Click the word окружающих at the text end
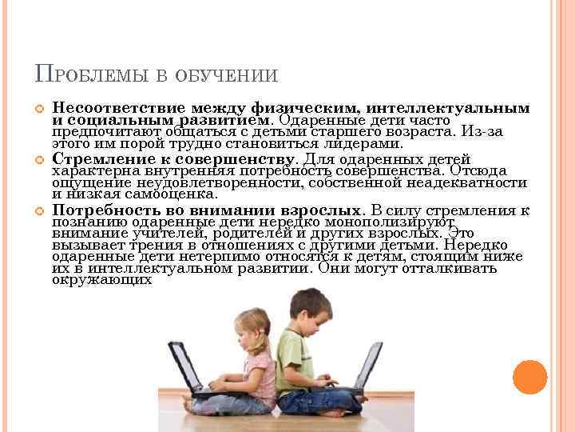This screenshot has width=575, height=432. (102, 280)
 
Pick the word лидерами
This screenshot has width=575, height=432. (359, 144)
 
